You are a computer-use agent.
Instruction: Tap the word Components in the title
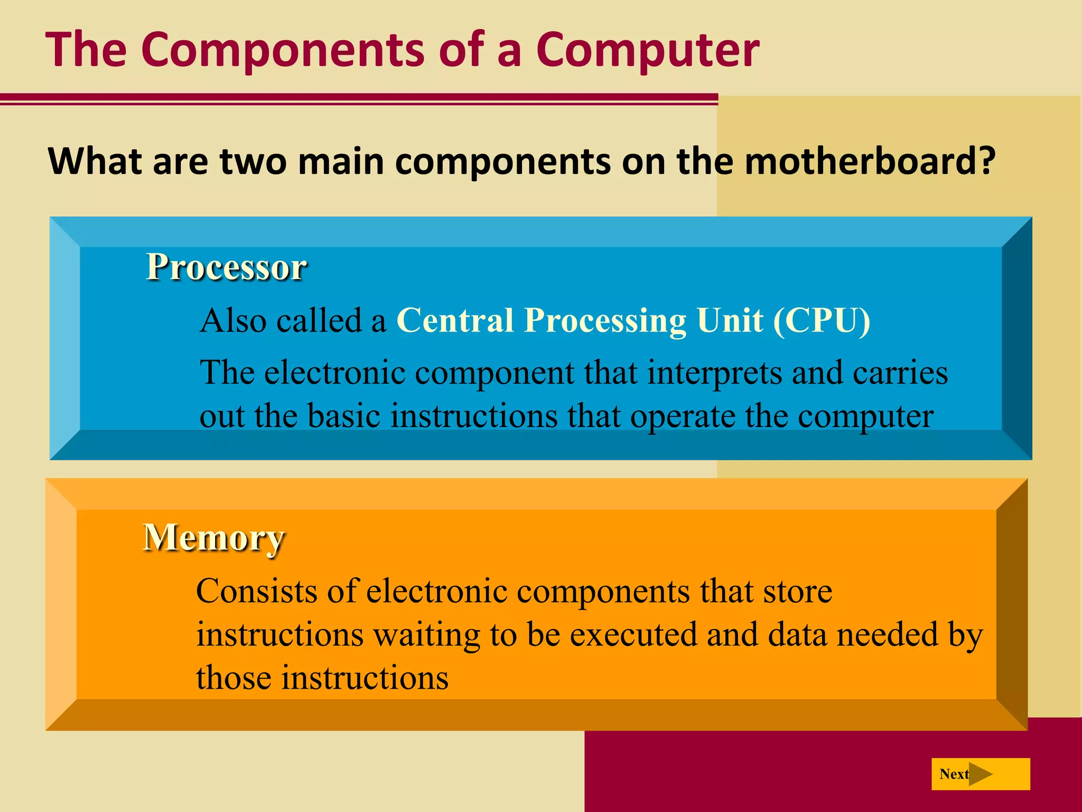click(x=283, y=50)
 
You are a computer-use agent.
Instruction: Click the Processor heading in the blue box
click(x=226, y=267)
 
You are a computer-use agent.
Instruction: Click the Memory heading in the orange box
click(x=214, y=538)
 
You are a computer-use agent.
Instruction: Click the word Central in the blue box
click(x=455, y=321)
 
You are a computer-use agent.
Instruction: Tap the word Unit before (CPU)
click(x=730, y=321)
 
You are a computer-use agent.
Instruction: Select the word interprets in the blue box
click(x=714, y=373)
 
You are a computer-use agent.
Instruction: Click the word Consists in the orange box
click(x=257, y=591)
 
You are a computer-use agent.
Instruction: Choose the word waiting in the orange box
click(x=427, y=635)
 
